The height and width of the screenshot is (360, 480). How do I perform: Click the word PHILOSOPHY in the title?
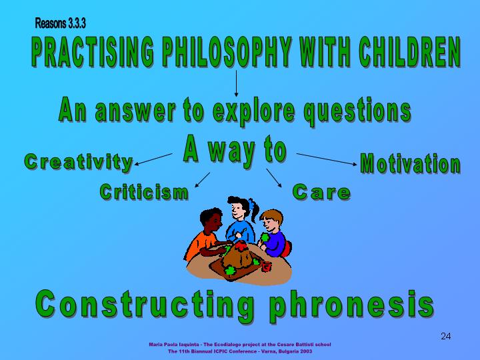[x=227, y=52]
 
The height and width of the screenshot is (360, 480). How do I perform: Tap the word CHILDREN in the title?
[x=409, y=52]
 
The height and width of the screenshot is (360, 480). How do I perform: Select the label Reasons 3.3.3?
[x=60, y=23]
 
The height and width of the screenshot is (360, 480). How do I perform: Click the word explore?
[x=254, y=110]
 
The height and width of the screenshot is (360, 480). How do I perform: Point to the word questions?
[x=357, y=111]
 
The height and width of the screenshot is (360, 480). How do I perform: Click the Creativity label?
[x=79, y=162]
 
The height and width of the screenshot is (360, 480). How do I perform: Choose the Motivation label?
[x=410, y=163]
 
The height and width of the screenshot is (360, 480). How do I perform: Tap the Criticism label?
[x=144, y=192]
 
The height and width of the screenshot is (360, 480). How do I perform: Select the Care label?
[x=321, y=192]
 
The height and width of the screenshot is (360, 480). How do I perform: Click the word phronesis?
[x=352, y=305]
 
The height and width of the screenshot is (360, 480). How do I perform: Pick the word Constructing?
[x=145, y=305]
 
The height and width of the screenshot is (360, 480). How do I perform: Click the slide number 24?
[x=446, y=337]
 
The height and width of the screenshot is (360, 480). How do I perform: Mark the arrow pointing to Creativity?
[x=154, y=159]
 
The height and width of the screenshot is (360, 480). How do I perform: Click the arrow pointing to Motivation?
[x=327, y=159]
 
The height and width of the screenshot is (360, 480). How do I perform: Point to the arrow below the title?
[x=236, y=83]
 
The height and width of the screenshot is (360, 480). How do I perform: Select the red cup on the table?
[x=266, y=266]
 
